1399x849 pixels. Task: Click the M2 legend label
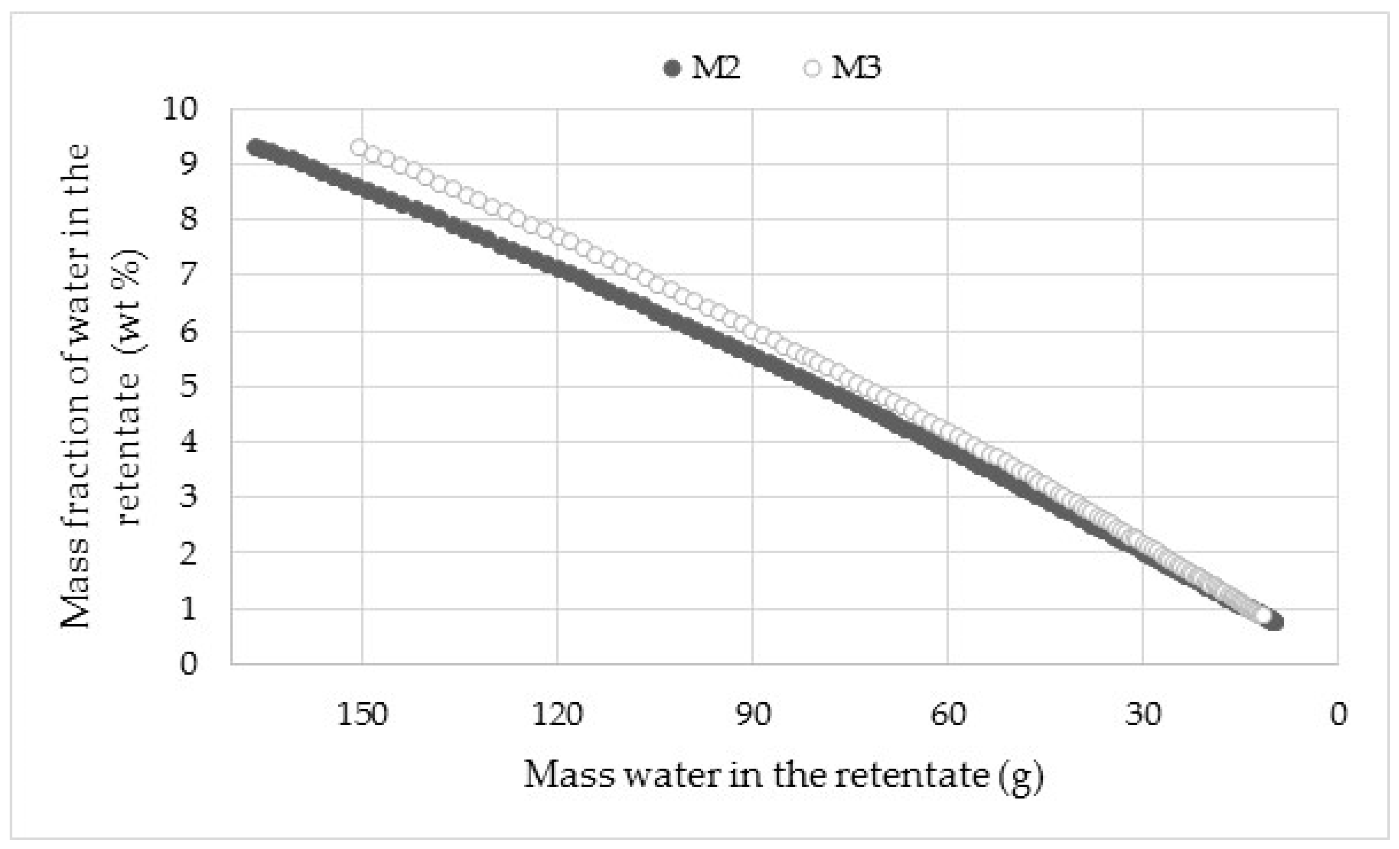[x=716, y=68]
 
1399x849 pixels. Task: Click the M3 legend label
[x=856, y=68]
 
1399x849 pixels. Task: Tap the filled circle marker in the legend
[x=672, y=69]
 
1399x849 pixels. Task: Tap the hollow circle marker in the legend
[x=812, y=69]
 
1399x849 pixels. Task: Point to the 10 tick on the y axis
[x=180, y=108]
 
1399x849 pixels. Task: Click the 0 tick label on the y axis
[x=189, y=663]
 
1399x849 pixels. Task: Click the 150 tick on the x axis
[x=362, y=715]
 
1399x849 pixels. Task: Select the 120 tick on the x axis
[x=557, y=715]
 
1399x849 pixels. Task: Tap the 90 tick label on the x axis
[x=753, y=715]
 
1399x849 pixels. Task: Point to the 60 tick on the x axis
[x=948, y=715]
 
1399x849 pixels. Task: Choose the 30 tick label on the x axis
[x=1143, y=715]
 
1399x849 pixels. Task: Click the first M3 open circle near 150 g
[x=359, y=148]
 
